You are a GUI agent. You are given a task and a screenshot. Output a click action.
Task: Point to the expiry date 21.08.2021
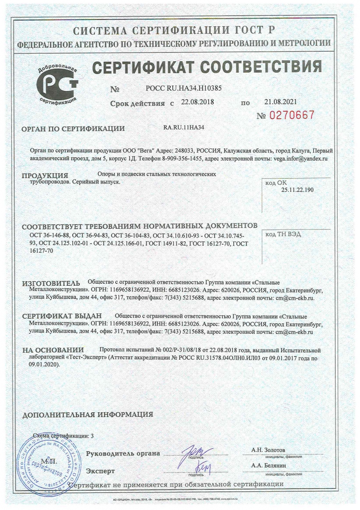(281, 102)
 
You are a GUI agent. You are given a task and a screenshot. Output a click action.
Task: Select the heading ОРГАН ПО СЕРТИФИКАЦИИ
(73, 129)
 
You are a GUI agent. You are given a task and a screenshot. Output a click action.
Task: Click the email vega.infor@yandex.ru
(301, 159)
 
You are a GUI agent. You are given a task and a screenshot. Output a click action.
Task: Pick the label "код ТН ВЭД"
(282, 234)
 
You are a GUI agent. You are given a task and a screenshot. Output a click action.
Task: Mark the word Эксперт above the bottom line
(100, 471)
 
